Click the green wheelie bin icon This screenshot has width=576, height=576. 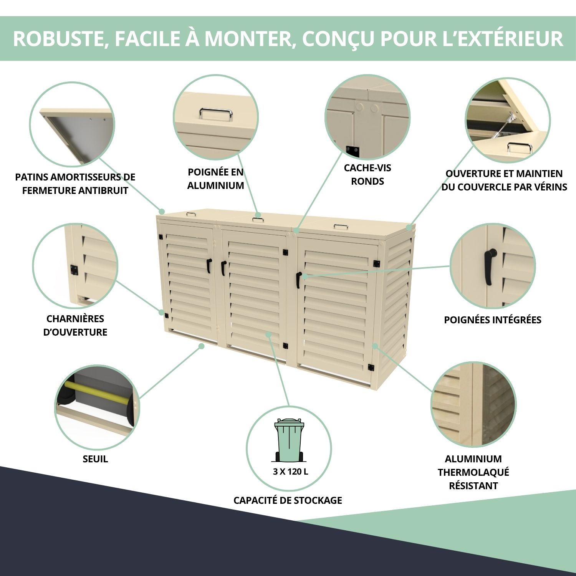289,440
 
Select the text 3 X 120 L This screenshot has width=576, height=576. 290,472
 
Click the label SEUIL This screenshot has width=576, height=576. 95,459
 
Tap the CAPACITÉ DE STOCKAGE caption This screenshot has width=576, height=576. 288,500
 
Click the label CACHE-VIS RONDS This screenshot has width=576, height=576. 367,174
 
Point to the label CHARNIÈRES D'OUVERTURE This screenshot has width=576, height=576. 75,325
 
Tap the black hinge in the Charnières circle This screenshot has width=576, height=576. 74,270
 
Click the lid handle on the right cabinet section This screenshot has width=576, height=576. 341,227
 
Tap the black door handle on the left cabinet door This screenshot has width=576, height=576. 209,265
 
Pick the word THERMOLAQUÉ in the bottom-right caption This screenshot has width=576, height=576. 473,472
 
